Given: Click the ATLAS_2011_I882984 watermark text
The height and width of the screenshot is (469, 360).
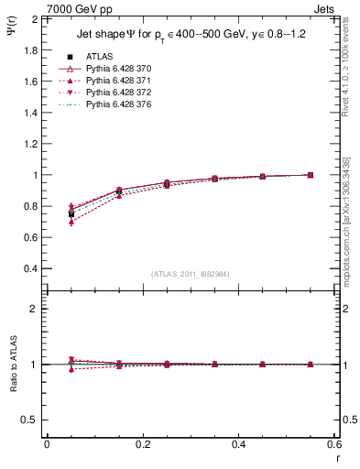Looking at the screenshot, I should click(x=190, y=274).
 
